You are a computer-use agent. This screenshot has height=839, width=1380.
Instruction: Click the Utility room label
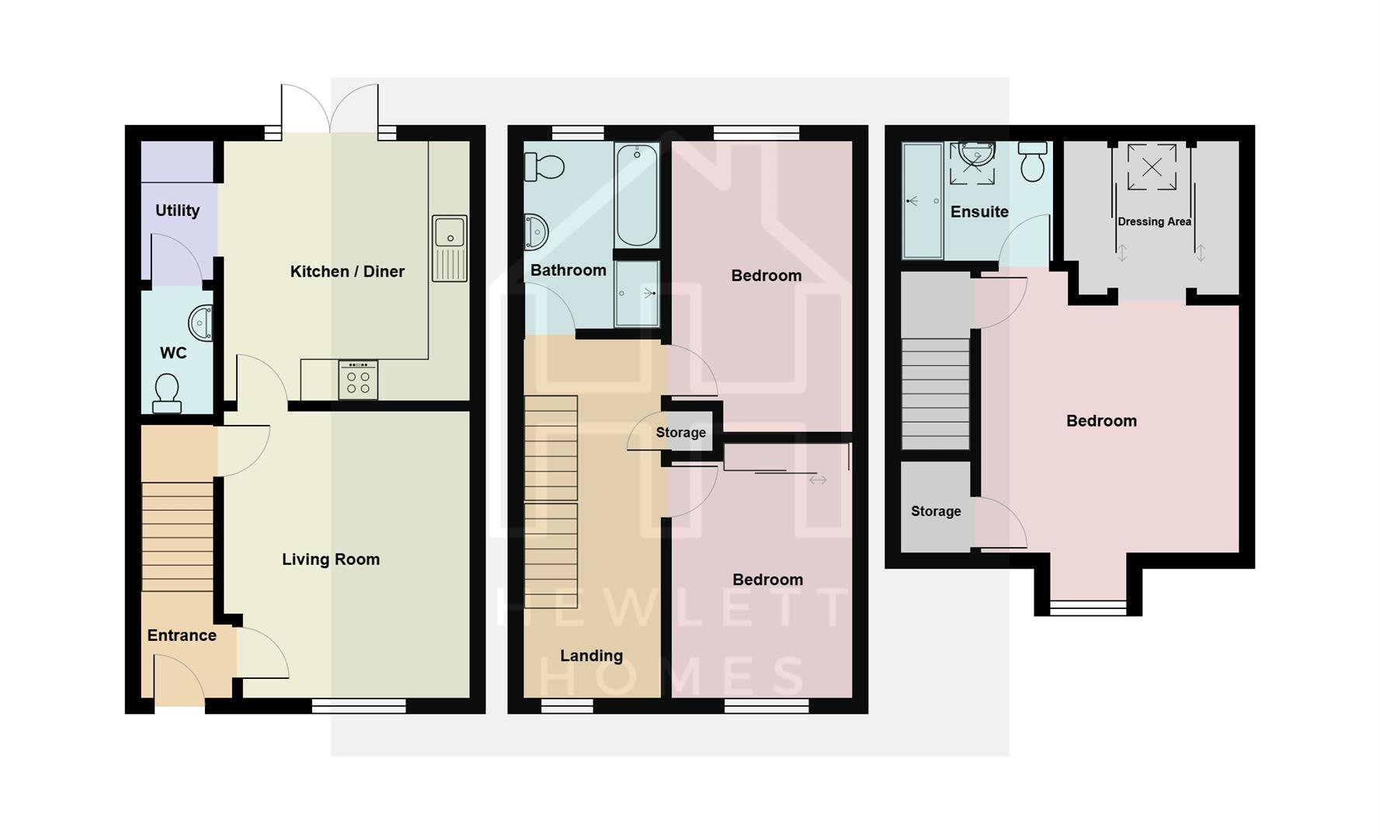[177, 211]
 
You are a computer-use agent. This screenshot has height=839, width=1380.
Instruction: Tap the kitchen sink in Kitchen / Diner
[450, 248]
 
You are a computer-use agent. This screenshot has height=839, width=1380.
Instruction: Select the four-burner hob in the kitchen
[358, 380]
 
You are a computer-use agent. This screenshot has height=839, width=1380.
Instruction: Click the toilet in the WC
[167, 393]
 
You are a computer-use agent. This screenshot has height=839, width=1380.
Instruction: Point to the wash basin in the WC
[201, 322]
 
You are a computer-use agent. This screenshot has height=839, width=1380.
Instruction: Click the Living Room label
[331, 559]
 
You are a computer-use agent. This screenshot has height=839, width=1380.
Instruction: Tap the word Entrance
[182, 635]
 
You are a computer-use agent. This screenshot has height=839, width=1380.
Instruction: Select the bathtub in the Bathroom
[637, 194]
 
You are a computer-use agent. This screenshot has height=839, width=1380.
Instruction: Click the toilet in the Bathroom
[544, 166]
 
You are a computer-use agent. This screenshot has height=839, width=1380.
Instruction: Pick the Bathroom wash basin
[535, 232]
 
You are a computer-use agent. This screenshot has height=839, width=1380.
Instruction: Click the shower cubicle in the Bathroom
[637, 293]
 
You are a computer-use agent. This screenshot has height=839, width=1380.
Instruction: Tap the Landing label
[591, 656]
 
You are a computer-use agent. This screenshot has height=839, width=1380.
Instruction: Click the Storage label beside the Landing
[680, 433]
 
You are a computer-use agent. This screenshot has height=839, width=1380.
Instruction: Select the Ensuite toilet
[1032, 162]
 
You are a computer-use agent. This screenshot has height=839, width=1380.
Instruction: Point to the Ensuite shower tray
[923, 200]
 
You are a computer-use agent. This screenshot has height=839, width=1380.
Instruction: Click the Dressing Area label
[1154, 221]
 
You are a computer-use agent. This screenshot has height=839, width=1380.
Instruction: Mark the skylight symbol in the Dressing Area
[1152, 167]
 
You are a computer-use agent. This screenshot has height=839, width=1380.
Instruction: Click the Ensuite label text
[979, 212]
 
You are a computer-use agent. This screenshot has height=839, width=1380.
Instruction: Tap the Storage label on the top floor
[936, 511]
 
